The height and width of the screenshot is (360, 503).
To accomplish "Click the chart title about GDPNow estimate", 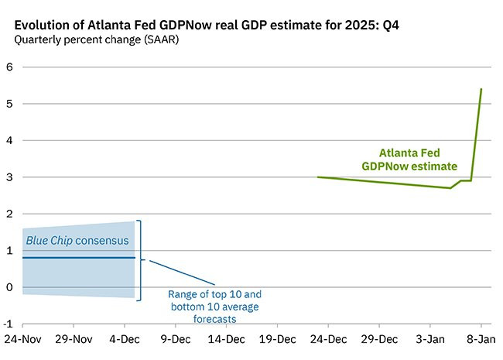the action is tap(207, 25).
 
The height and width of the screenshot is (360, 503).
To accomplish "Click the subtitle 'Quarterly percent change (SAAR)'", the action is tap(97, 39).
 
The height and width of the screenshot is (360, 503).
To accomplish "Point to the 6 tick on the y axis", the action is tap(9, 67).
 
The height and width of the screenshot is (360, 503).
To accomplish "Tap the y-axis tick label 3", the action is tap(9, 177).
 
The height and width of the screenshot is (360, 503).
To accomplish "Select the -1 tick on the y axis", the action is tap(8, 324).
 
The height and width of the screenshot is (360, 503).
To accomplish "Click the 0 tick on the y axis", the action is tap(9, 287).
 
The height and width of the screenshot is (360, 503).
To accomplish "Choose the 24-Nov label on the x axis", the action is tap(22, 339).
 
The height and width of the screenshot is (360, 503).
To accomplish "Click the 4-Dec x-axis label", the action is tap(125, 339).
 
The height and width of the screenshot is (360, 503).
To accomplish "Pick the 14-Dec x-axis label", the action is tap(227, 339).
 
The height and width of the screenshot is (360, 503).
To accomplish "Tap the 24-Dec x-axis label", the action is tap(328, 339).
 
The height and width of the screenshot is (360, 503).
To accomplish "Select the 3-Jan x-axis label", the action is tap(430, 339).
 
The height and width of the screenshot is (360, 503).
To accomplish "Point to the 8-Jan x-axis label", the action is tap(481, 339).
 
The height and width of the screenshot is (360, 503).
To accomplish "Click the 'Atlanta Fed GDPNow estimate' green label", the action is tap(409, 159).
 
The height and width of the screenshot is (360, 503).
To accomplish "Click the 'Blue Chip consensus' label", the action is tap(77, 241).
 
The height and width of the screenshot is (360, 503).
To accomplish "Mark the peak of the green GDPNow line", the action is tap(481, 89).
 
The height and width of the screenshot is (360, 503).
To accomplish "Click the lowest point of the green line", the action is tap(450, 188).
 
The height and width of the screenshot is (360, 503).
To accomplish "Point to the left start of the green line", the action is tap(317, 177).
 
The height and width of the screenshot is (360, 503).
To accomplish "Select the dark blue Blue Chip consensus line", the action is tap(79, 258).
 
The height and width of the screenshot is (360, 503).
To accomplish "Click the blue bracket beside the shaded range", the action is tap(141, 260).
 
